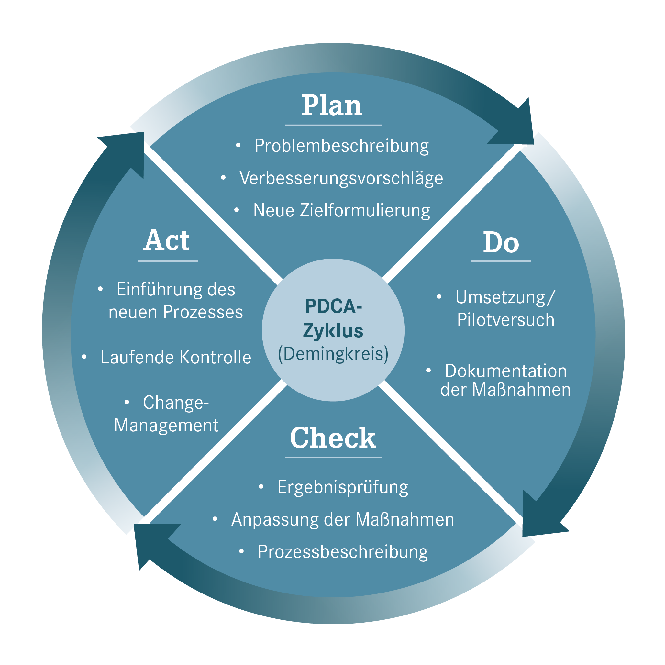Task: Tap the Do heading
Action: [x=501, y=243]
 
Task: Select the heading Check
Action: [x=333, y=438]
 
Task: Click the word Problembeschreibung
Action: [x=341, y=146]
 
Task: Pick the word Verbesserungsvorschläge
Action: [x=341, y=178]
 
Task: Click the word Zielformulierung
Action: [x=365, y=211]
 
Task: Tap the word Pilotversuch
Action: [x=506, y=320]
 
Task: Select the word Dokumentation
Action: [x=506, y=371]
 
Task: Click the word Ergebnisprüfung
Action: [x=343, y=487]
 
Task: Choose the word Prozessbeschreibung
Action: [x=343, y=552]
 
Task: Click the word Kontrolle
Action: [x=216, y=357]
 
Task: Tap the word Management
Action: [x=166, y=426]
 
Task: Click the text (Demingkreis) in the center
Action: [x=333, y=354]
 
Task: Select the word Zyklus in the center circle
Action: [x=333, y=331]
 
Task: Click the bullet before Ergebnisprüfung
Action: [x=261, y=486]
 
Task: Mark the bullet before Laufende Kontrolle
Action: [x=84, y=357]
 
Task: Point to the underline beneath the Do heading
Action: [x=501, y=261]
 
